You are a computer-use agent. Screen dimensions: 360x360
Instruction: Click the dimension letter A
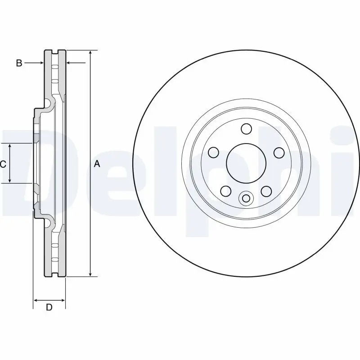[x=96, y=164]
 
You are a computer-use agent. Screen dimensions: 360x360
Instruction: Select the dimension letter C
[x=3, y=164]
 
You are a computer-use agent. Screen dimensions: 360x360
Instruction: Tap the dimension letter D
[x=49, y=308]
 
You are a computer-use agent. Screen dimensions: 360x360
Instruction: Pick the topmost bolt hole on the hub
[x=246, y=129]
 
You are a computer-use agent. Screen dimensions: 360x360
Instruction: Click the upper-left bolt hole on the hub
[x=214, y=152]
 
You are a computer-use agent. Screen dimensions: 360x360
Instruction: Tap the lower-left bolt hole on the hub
[x=226, y=191]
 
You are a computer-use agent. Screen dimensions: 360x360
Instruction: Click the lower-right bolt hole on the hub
[x=266, y=191]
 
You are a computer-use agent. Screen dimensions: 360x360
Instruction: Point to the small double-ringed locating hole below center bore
[x=246, y=198]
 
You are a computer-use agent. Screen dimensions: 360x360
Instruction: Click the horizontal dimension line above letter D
[x=49, y=300]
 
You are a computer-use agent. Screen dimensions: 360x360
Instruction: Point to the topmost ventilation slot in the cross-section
[x=55, y=67]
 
